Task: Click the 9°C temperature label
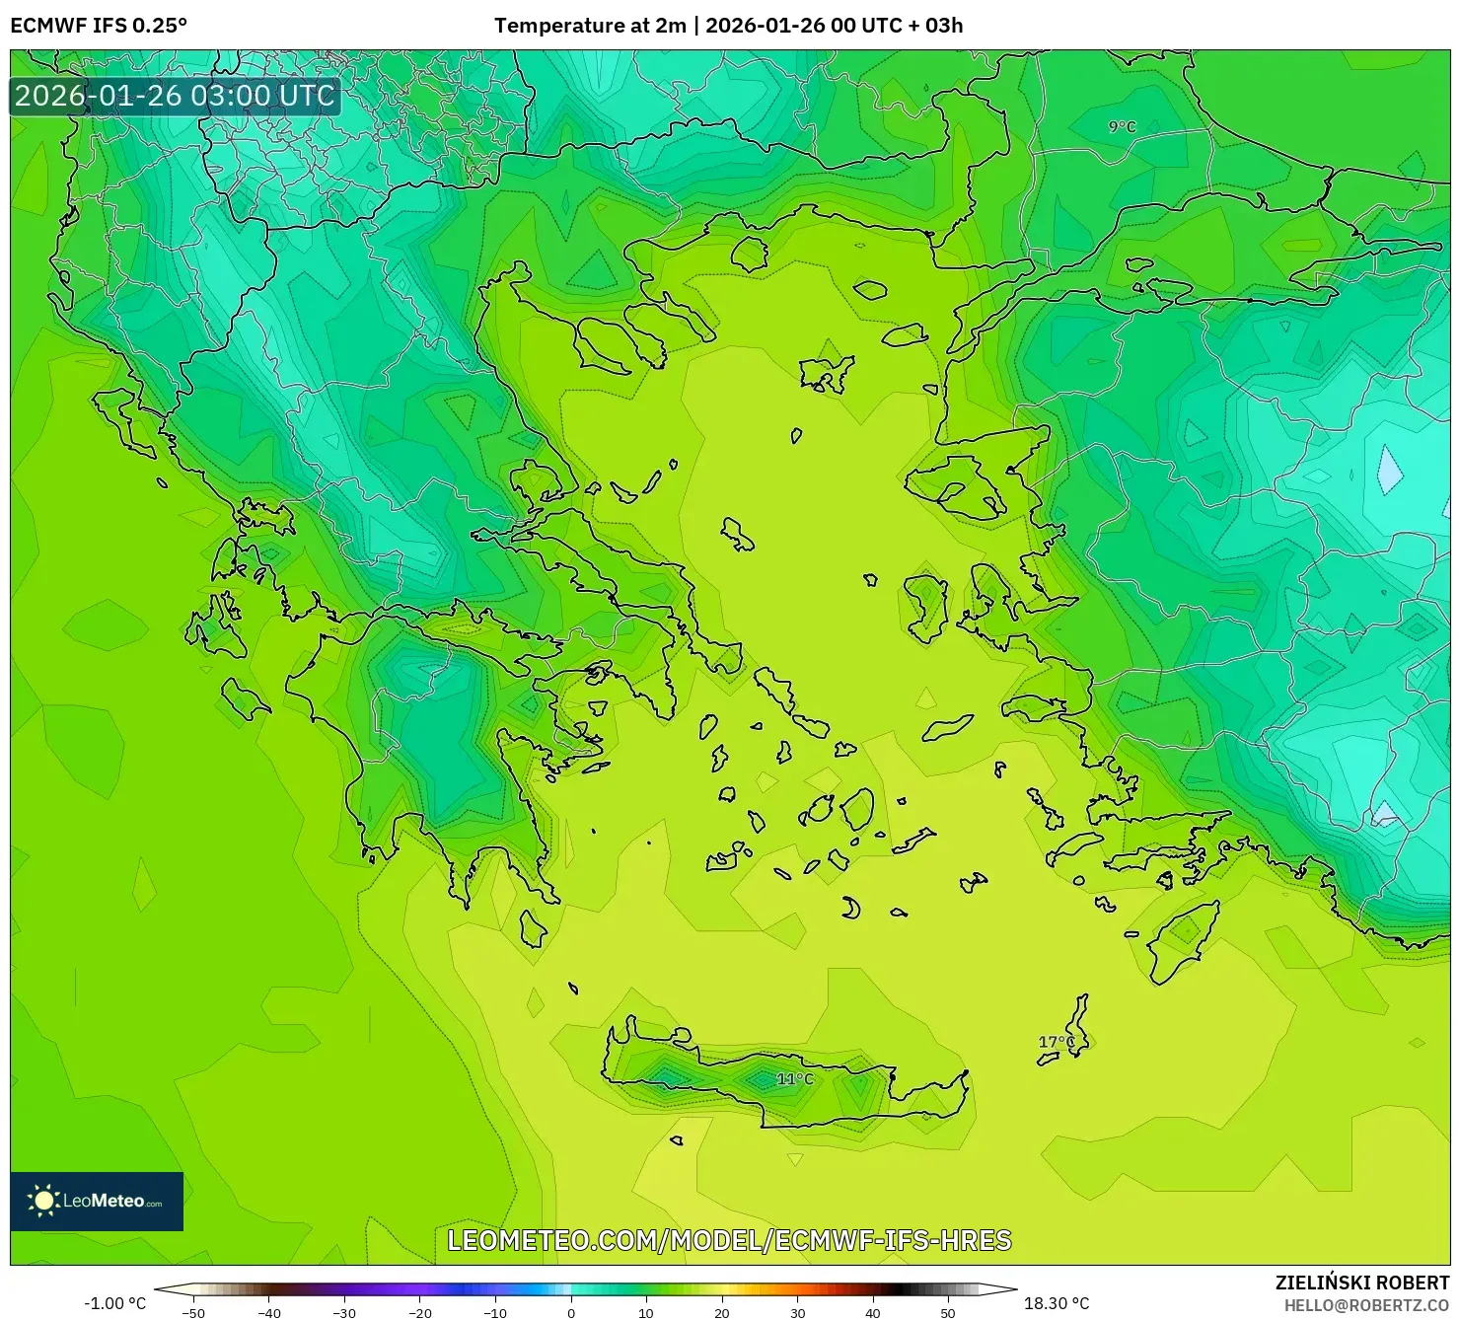(x=1122, y=127)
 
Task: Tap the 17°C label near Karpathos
(x=1057, y=1042)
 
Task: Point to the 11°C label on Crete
(x=795, y=1079)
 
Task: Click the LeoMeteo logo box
(x=97, y=1201)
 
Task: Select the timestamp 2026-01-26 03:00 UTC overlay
(x=175, y=97)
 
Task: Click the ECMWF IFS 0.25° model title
(x=99, y=26)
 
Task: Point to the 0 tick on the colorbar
(x=571, y=1312)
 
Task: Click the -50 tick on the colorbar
(x=193, y=1312)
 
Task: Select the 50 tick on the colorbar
(x=948, y=1312)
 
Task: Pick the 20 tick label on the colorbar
(x=722, y=1312)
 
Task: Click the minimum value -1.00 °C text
(x=114, y=1303)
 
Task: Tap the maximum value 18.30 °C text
(x=1057, y=1303)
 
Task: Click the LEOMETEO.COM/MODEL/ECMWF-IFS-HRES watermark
(x=729, y=1240)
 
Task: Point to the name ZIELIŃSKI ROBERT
(x=1362, y=1283)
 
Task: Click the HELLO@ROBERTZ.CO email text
(x=1366, y=1305)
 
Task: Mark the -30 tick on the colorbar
(x=344, y=1312)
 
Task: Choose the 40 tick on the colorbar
(x=873, y=1312)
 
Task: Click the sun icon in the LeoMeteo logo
(x=43, y=1201)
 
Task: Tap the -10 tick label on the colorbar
(x=495, y=1312)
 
